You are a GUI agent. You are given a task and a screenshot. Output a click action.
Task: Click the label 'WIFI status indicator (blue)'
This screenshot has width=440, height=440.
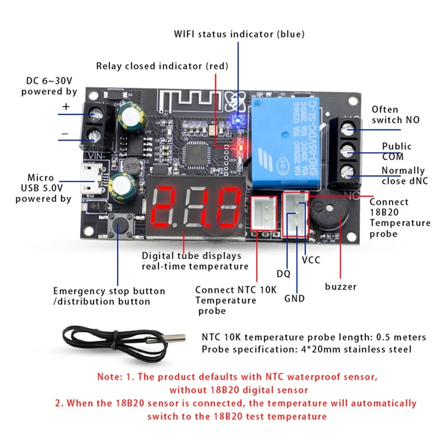pos(239,34)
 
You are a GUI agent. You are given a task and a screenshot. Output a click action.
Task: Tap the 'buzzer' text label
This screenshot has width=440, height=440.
pos(340,287)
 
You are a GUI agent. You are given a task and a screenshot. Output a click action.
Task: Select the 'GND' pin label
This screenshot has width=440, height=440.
pos(294,299)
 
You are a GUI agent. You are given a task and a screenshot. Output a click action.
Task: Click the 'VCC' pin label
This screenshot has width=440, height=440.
pos(311,260)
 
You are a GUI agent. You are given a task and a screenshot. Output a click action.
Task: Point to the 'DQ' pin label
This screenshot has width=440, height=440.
pos(283,273)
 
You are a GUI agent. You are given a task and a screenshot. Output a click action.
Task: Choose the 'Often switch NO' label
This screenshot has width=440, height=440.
pos(393,114)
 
